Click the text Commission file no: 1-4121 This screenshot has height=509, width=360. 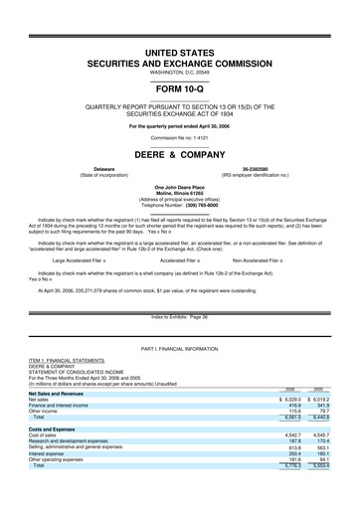coord(180,134)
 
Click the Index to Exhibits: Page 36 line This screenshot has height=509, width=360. coord(179,316)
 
